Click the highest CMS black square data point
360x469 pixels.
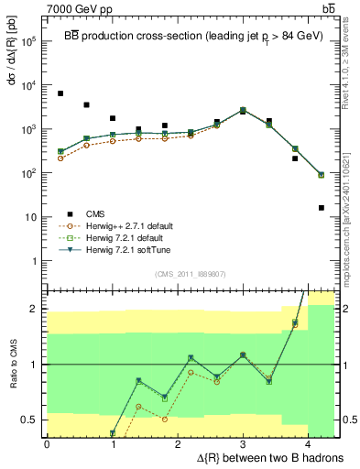tap(60, 93)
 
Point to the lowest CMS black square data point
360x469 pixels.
tap(322, 208)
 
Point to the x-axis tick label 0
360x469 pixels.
tap(47, 443)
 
